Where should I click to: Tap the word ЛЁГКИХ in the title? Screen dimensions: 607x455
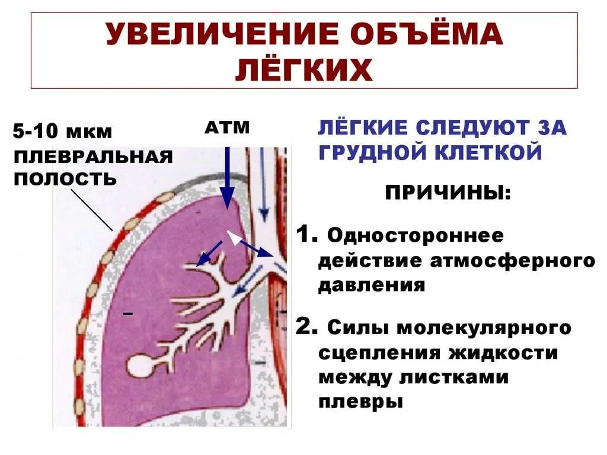(304, 71)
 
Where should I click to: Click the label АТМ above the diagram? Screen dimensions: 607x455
(228, 127)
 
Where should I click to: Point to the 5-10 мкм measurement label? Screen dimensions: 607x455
(62, 132)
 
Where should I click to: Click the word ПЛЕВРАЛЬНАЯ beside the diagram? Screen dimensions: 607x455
(94, 157)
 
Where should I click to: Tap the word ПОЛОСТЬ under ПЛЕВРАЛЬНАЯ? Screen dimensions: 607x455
(65, 178)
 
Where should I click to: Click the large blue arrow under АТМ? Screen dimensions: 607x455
(227, 178)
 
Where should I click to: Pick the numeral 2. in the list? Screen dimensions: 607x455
(306, 326)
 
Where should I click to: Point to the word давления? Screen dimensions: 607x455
(372, 286)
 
